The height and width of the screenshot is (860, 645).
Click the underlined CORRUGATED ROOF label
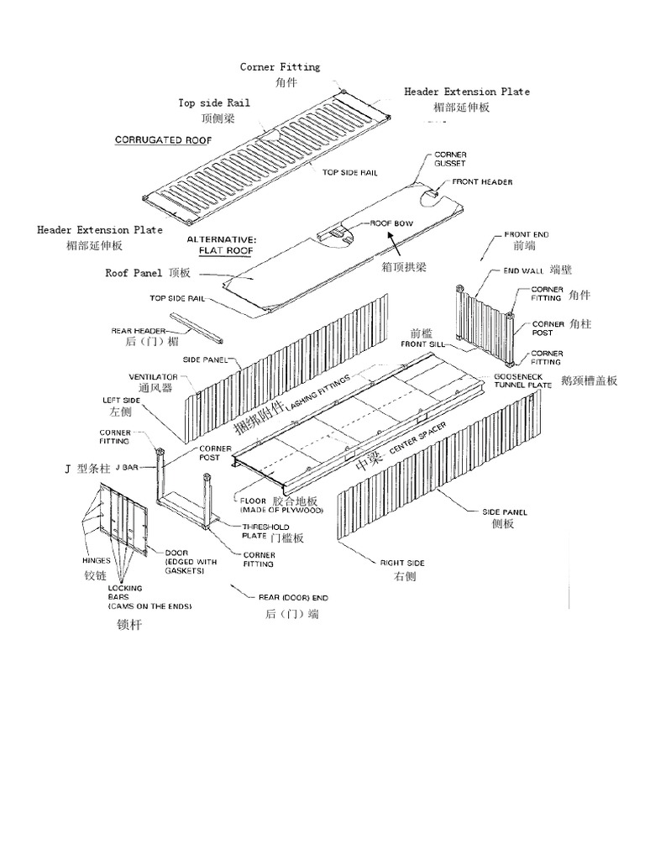pyautogui.click(x=163, y=140)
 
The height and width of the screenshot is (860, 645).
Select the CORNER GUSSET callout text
pyautogui.click(x=450, y=160)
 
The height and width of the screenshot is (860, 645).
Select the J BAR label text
pyautogui.click(x=127, y=466)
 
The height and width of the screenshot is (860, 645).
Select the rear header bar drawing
pyautogui.click(x=196, y=328)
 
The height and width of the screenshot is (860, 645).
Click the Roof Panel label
pyautogui.click(x=135, y=273)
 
